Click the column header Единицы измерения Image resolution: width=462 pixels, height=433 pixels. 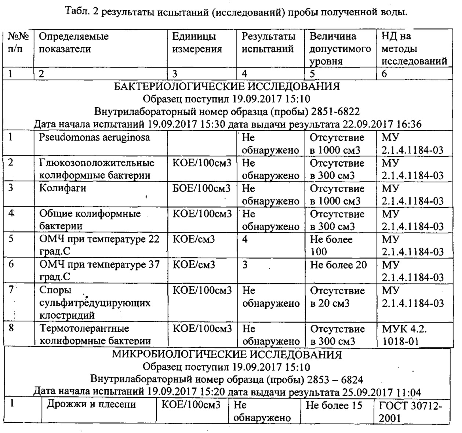click(x=197, y=43)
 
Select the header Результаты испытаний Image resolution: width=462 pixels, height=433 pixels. click(x=268, y=43)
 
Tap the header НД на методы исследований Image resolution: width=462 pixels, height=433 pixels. click(x=414, y=49)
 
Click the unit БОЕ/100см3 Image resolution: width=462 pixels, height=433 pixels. click(x=201, y=188)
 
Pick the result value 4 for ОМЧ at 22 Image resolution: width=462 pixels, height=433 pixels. click(x=245, y=239)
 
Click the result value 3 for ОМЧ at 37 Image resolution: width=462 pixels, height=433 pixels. click(x=245, y=265)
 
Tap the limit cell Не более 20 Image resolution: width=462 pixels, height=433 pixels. click(x=338, y=265)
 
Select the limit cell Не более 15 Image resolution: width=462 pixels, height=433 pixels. click(x=334, y=405)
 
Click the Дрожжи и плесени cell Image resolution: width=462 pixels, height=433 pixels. click(x=91, y=404)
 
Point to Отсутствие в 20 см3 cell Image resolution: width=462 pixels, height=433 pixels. click(x=338, y=297)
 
